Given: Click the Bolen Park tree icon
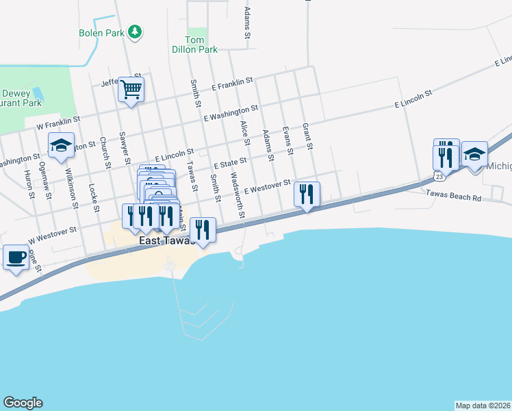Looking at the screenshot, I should (x=136, y=32).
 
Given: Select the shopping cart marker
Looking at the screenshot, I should (x=131, y=89).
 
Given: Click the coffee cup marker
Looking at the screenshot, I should (x=16, y=258).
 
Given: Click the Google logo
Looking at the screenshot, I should (x=23, y=403).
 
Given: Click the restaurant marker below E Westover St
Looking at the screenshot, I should (x=307, y=195).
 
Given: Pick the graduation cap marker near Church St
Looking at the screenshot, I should (x=61, y=146).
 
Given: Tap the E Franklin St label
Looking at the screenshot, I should (x=233, y=85).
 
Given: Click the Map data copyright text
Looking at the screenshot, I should (x=483, y=405).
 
